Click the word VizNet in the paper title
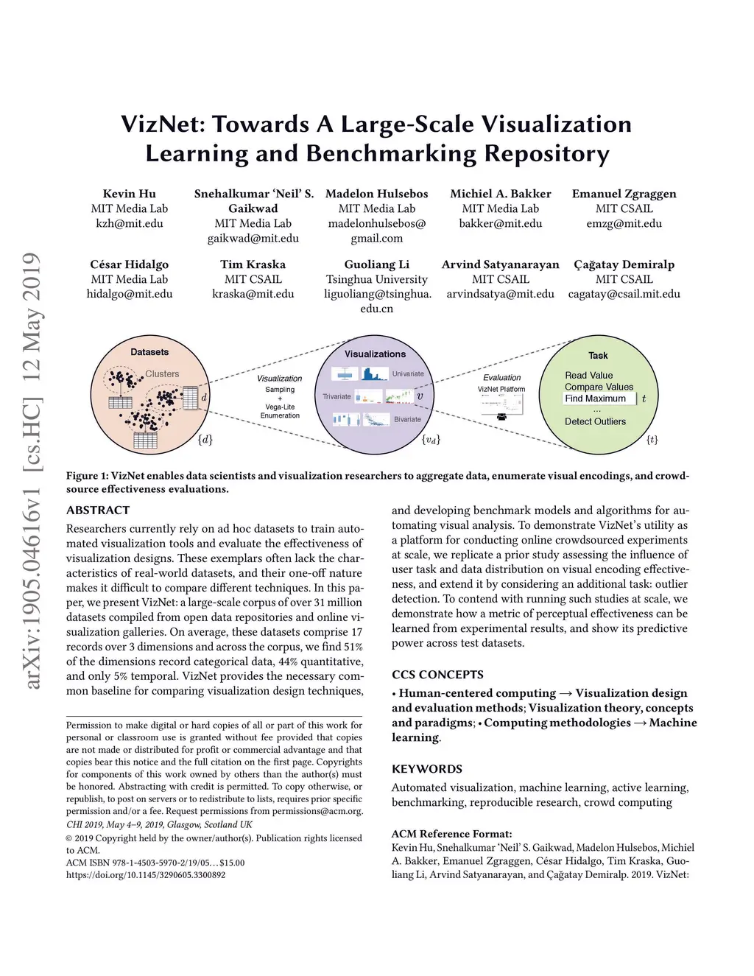[163, 124]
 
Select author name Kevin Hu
[129, 194]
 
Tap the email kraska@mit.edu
[253, 294]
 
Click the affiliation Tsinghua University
[376, 279]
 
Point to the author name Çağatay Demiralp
[624, 264]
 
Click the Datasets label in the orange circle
[149, 352]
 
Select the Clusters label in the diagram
[162, 373]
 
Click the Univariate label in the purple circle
[408, 373]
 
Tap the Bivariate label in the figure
[407, 419]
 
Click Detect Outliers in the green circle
[595, 421]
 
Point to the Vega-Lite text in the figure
[280, 407]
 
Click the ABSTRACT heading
[98, 510]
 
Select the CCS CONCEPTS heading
[437, 675]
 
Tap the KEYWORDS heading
[427, 769]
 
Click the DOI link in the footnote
[146, 875]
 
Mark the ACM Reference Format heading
[451, 834]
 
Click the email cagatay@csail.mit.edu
[624, 294]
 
